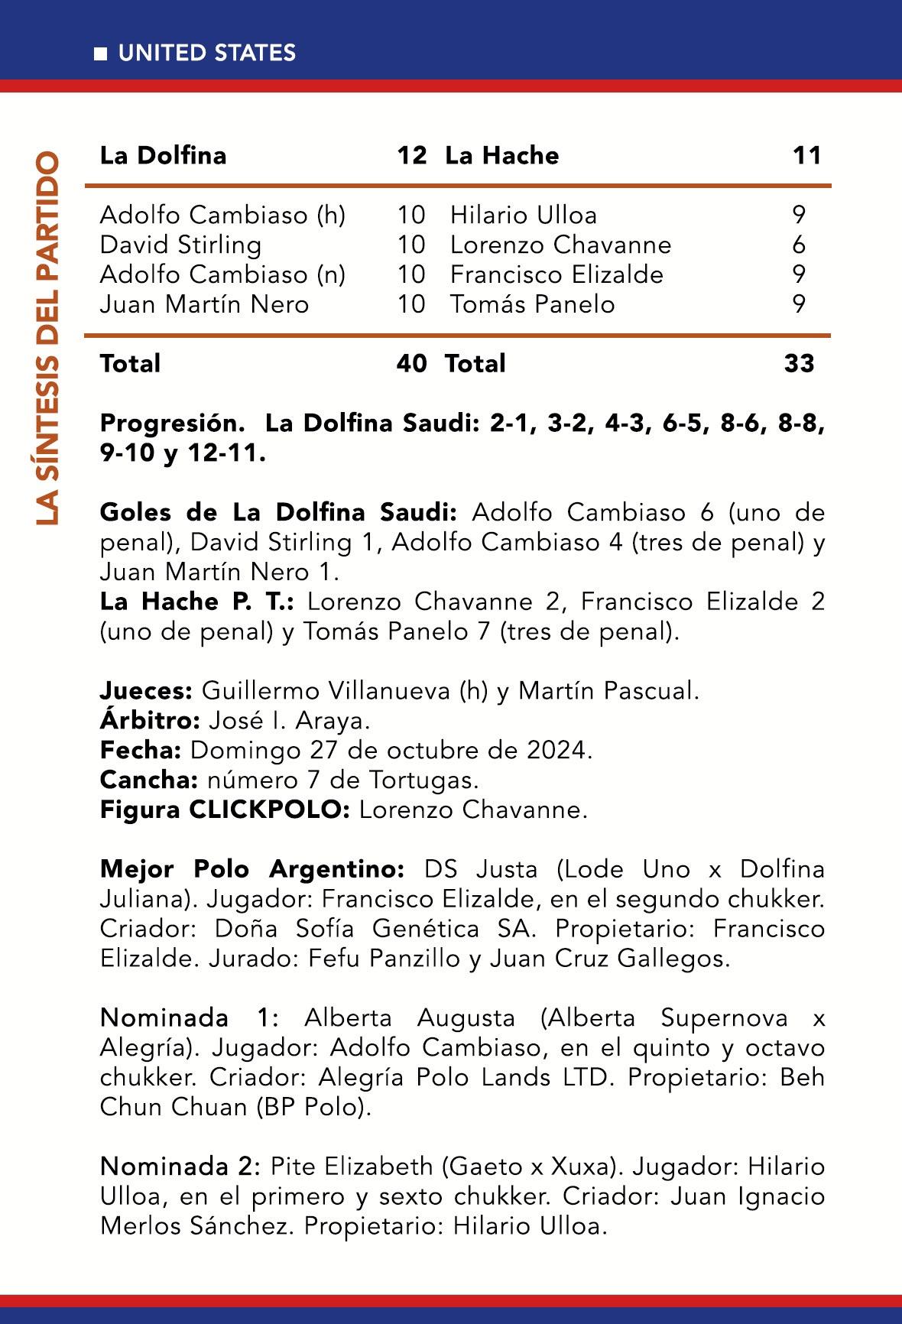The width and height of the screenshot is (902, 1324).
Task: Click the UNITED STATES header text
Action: click(x=206, y=53)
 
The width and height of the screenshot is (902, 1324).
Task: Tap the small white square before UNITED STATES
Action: click(x=100, y=54)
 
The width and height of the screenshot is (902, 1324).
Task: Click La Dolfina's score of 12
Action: click(x=411, y=156)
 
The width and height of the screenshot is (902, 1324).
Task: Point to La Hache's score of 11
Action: click(x=806, y=156)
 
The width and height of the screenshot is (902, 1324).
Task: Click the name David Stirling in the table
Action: click(x=180, y=245)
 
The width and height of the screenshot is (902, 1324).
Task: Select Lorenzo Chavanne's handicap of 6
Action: click(x=799, y=245)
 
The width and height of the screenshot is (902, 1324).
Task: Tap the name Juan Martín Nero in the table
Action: click(x=204, y=304)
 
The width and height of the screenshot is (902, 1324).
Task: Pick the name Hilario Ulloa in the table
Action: click(x=524, y=215)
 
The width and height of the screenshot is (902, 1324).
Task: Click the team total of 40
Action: click(x=411, y=363)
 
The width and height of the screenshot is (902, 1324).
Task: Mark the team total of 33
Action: click(x=799, y=363)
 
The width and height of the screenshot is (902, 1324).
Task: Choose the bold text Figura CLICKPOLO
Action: click(x=225, y=810)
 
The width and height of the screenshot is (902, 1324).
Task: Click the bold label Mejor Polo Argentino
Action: click(x=252, y=869)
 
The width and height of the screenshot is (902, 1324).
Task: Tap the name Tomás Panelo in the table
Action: click(x=532, y=304)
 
